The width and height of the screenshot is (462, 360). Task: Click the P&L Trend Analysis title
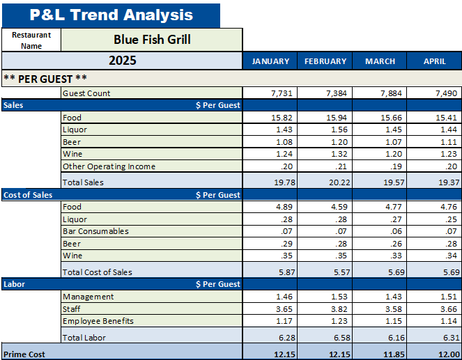[111, 15]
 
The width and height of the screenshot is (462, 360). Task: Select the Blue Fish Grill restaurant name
[152, 40]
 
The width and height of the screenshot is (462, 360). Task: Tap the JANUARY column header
[270, 61]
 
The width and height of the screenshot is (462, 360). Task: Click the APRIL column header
[435, 61]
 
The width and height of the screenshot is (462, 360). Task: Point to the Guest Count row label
[86, 93]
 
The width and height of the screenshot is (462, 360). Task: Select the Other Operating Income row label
[109, 166]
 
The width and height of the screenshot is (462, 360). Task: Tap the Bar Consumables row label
[95, 231]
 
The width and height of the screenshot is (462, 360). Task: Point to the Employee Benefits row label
[98, 321]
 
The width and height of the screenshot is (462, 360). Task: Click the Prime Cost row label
[24, 354]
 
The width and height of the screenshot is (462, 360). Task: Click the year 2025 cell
[122, 61]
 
